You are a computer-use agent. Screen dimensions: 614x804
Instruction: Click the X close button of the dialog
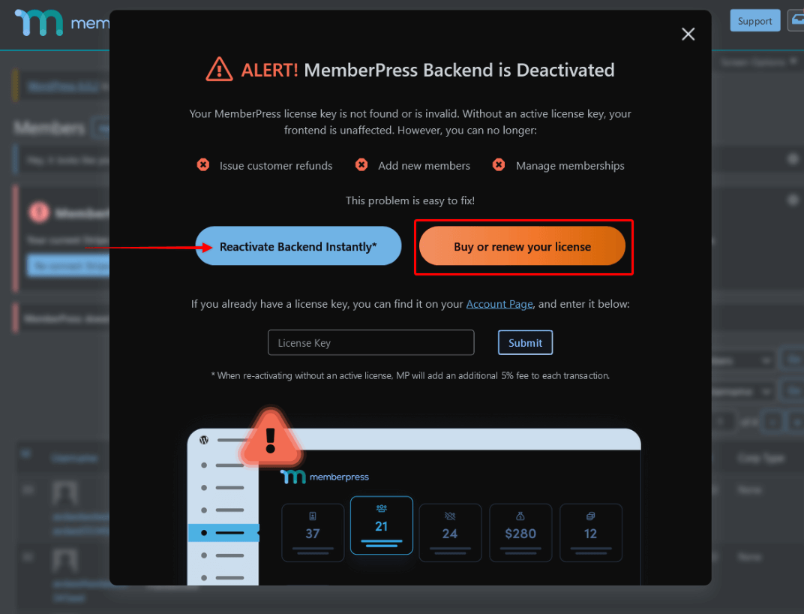688,35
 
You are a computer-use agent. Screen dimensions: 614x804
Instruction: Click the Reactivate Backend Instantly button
298,246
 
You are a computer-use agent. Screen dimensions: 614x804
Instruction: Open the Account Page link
499,304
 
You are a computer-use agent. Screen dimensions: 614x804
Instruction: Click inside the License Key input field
370,342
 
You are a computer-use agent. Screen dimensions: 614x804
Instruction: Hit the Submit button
525,342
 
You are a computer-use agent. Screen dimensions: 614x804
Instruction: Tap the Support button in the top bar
754,21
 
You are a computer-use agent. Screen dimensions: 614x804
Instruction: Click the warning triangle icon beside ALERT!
219,70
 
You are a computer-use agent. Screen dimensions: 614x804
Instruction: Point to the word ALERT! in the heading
269,71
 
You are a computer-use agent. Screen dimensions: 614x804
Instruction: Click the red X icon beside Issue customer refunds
203,165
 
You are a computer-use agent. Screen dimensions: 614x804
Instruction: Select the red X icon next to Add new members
361,165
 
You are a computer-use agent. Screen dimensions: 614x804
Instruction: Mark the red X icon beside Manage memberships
499,165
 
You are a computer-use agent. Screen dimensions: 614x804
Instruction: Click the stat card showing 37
313,532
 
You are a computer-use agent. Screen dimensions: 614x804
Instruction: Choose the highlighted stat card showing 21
381,525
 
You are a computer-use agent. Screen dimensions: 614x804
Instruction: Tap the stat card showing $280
520,532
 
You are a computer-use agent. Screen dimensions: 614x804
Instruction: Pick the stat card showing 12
590,532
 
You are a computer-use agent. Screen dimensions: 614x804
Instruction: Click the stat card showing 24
449,532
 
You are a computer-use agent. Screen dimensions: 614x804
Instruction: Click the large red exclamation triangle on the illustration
271,438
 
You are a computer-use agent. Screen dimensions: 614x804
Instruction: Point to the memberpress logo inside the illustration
324,477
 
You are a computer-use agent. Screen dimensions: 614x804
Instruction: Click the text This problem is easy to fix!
409,200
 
